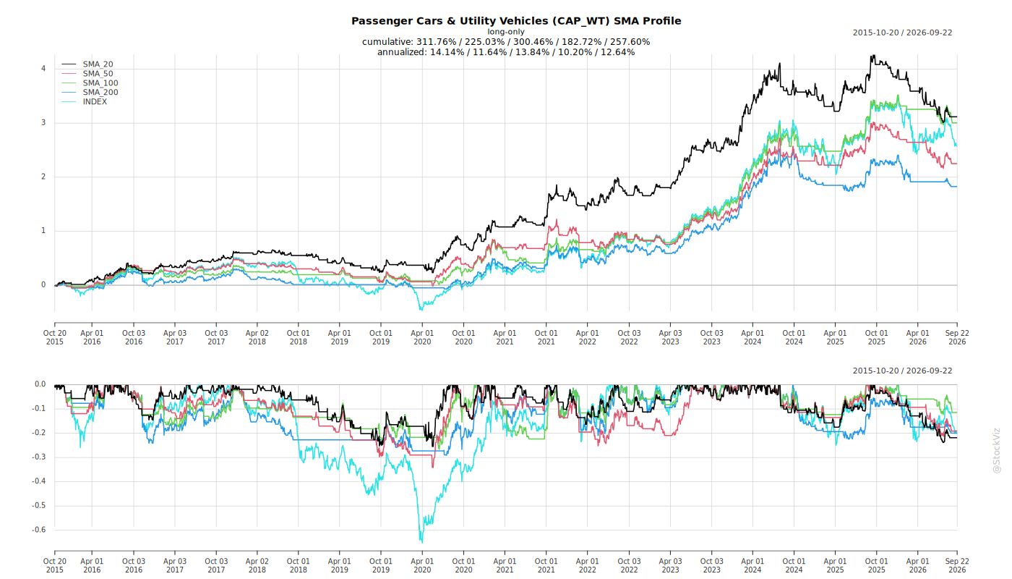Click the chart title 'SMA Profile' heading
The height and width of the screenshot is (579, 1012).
pos(516,21)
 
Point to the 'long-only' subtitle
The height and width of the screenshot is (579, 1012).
pos(506,32)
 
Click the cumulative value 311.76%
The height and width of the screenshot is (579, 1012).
pos(436,42)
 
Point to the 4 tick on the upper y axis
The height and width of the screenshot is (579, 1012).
pos(43,69)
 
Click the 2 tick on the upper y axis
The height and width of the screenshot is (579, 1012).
pos(43,177)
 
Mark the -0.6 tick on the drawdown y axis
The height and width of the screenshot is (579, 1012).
pos(38,530)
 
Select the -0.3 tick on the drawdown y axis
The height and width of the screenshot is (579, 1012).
pos(38,457)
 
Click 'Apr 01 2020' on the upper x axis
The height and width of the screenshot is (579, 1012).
pos(422,337)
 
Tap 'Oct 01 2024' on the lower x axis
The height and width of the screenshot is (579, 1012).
pos(794,565)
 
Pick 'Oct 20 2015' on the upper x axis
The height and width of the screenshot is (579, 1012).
pos(55,337)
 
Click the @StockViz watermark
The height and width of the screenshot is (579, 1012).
pos(997,450)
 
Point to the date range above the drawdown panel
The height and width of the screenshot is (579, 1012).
pos(902,371)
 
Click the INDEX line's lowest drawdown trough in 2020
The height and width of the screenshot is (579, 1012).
pos(421,541)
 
